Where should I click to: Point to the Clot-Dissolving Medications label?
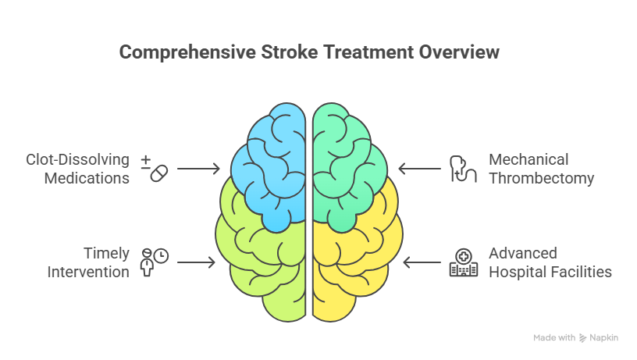pos(76,169)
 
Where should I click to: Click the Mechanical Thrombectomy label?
pos(541,169)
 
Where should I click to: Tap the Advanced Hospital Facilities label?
pos(550,262)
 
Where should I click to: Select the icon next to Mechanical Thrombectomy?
pos(463,169)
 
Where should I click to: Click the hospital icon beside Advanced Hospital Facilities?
pos(463,262)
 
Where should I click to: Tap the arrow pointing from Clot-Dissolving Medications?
pos(199,168)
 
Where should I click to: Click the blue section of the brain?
pos(269,164)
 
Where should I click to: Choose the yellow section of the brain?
pos(355,269)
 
